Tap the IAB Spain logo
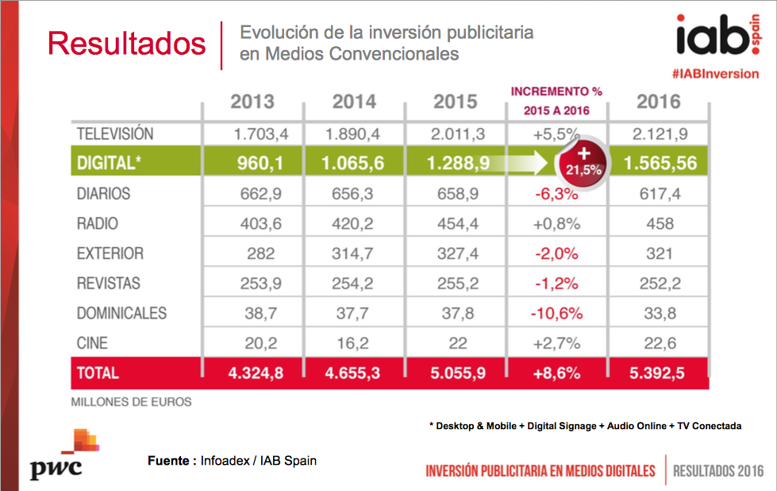(x=714, y=37)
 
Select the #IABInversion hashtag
(x=714, y=74)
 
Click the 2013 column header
(x=252, y=102)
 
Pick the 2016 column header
(x=658, y=102)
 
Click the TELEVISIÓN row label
(x=115, y=133)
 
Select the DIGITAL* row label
(x=110, y=163)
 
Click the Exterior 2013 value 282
(x=252, y=254)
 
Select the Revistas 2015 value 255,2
(x=456, y=284)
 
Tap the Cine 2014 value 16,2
(x=354, y=343)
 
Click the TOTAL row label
(x=98, y=373)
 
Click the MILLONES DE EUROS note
(x=132, y=402)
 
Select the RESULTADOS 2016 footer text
(x=717, y=470)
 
